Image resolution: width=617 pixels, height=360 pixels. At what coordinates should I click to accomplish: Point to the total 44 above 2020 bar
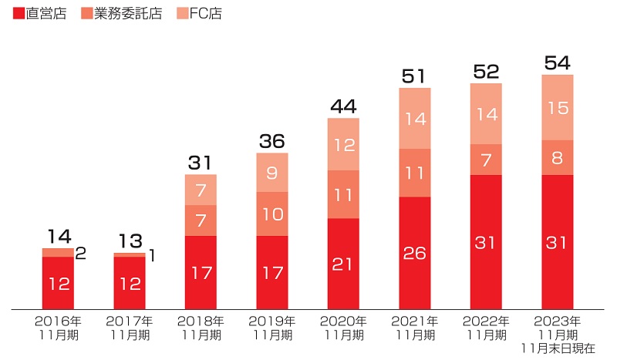(343, 106)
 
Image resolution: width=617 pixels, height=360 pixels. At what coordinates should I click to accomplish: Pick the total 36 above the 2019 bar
(272, 141)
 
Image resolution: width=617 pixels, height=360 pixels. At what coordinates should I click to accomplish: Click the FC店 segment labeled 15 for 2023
(558, 107)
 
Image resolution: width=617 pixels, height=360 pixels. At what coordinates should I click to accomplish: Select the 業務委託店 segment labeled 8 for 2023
(558, 157)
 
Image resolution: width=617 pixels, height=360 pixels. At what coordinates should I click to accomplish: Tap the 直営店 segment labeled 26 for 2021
(415, 253)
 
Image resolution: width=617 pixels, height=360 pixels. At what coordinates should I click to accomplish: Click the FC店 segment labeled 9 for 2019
(272, 173)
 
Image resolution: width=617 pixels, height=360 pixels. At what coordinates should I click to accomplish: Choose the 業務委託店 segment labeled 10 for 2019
(272, 214)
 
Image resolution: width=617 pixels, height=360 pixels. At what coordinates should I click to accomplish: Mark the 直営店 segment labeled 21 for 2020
(343, 264)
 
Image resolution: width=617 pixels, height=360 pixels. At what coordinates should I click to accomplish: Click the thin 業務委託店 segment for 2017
(130, 254)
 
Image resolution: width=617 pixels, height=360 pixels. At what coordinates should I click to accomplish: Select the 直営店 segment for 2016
(58, 283)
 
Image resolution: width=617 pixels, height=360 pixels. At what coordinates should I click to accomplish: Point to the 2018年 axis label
(201, 321)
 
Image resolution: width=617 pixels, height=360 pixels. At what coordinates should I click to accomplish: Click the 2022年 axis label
(486, 321)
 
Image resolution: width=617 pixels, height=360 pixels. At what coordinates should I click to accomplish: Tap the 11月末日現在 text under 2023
(558, 348)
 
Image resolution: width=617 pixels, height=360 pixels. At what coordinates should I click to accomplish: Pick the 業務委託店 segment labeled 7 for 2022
(486, 160)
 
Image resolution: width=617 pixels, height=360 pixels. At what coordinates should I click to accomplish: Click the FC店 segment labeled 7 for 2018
(201, 190)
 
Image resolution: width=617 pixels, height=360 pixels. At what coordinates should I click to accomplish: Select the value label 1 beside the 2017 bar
(152, 255)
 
